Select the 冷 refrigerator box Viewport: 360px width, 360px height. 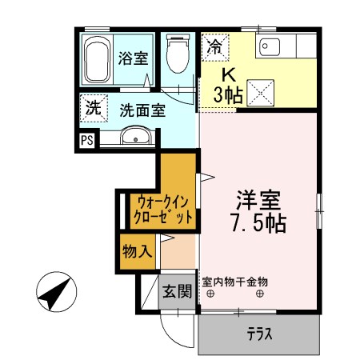coord(214,46)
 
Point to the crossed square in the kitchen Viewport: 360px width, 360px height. coord(261,94)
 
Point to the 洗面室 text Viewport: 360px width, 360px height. coord(143,110)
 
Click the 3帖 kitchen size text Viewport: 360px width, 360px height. coord(229,95)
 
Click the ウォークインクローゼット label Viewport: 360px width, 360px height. coord(162,209)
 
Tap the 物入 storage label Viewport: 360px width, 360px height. coord(137,250)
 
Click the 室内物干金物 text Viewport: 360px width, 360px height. coord(235,282)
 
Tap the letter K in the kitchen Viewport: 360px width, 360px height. coord(228,75)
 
